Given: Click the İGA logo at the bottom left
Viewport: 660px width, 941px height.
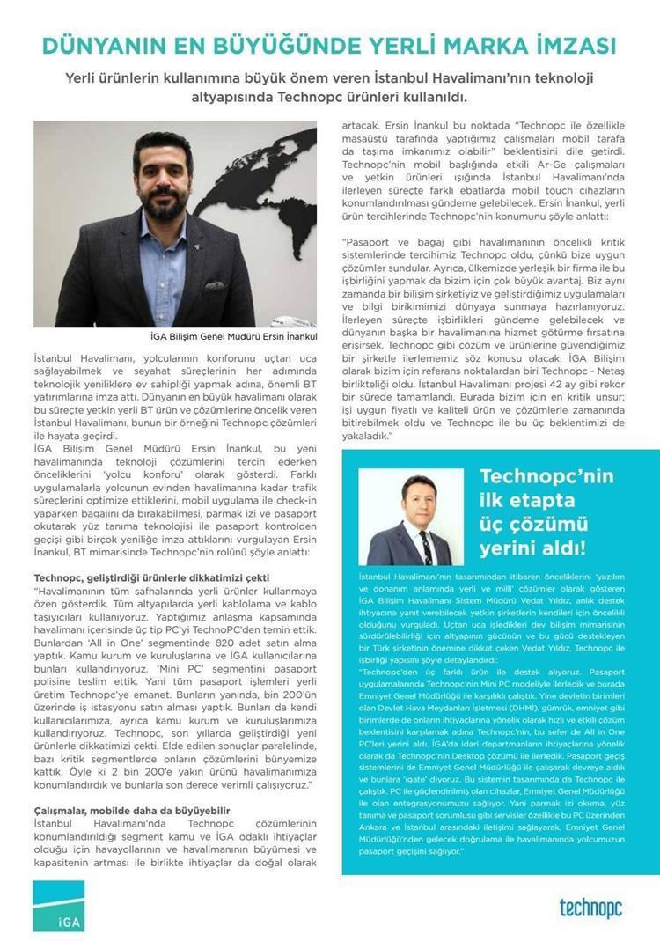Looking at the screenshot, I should tap(59, 906).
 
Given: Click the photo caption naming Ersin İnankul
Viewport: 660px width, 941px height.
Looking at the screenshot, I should tap(234, 337).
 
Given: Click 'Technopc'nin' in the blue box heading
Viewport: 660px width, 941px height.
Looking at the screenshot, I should tap(546, 477).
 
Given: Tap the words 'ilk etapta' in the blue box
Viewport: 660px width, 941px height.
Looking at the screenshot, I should tap(526, 501).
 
